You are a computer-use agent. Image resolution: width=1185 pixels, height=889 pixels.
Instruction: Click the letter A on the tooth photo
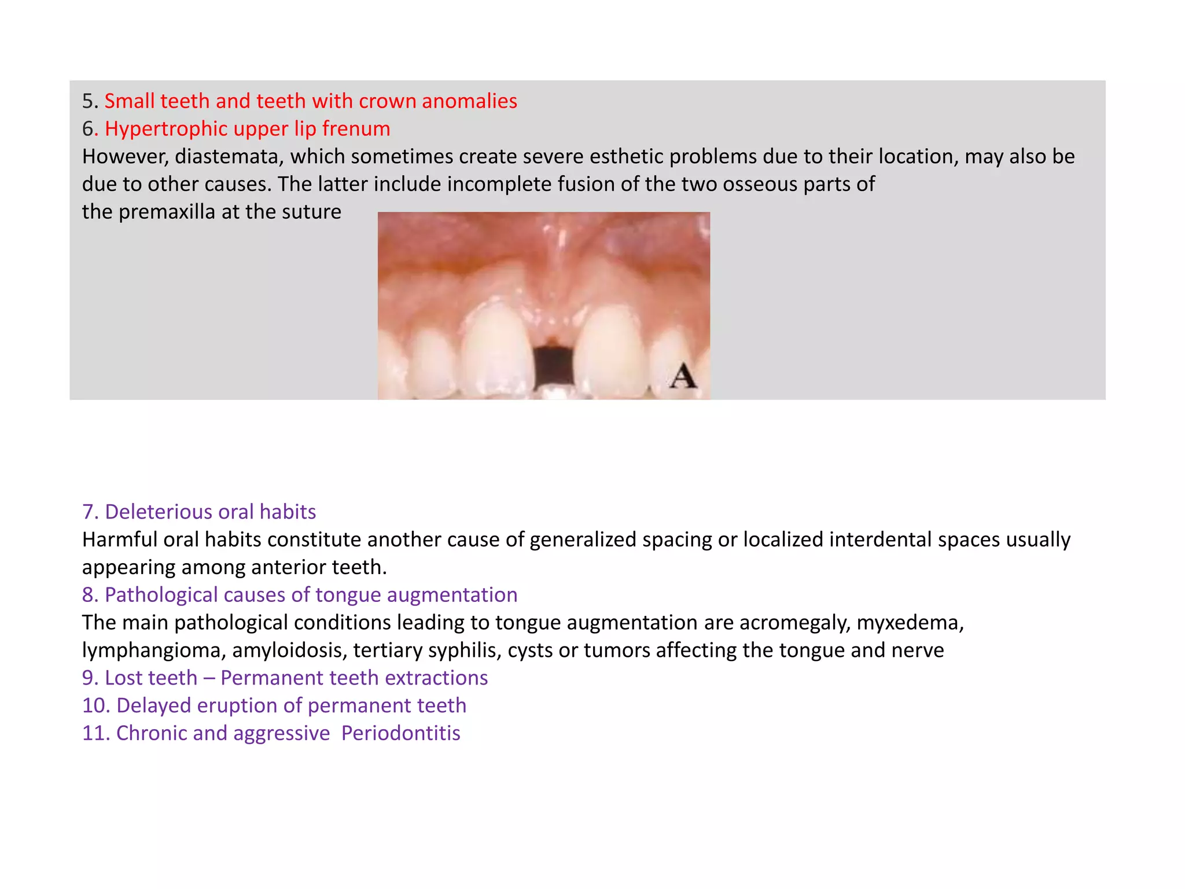click(683, 376)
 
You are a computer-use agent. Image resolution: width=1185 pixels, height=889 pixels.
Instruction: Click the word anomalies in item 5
click(469, 101)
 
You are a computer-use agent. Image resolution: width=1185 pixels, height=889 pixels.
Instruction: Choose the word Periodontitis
click(400, 733)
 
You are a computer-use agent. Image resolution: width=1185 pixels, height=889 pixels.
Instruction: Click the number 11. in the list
click(95, 733)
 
